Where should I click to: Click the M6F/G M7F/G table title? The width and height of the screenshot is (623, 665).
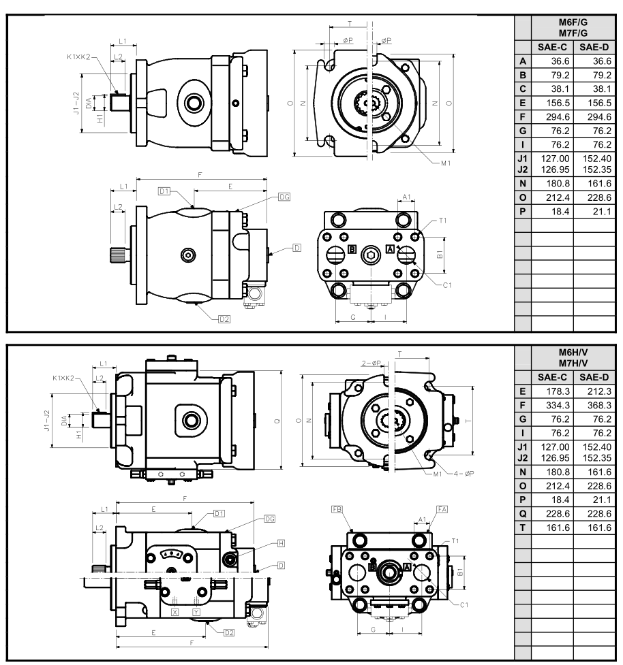pyautogui.click(x=573, y=28)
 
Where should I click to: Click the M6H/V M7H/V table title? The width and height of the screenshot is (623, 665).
pyautogui.click(x=573, y=357)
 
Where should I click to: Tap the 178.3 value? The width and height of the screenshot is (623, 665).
pyautogui.click(x=558, y=391)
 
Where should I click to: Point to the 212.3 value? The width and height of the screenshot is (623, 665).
pyautogui.click(x=599, y=391)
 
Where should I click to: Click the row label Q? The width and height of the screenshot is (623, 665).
pyautogui.click(x=523, y=514)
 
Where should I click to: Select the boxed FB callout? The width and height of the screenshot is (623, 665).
pyautogui.click(x=337, y=509)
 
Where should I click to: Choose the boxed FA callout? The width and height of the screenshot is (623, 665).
pyautogui.click(x=442, y=509)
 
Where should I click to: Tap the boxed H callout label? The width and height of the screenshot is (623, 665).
pyautogui.click(x=281, y=543)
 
